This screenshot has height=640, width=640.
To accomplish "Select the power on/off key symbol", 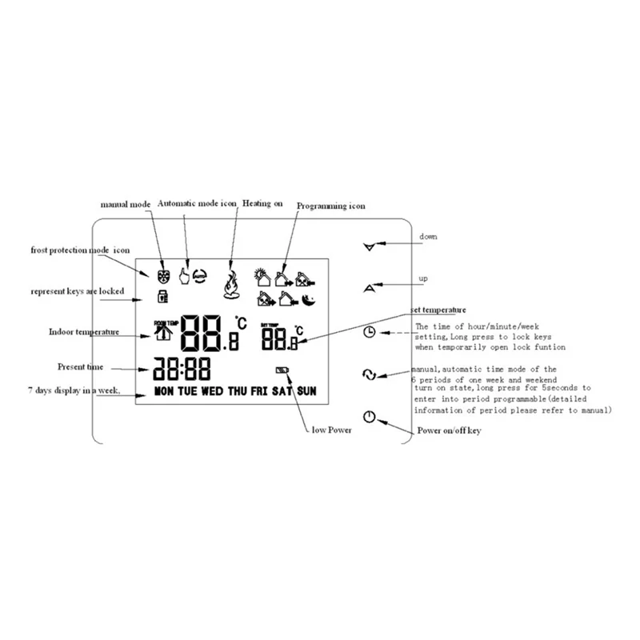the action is [368, 416].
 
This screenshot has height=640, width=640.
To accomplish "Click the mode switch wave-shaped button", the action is [369, 374].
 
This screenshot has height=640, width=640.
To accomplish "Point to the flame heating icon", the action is [231, 282].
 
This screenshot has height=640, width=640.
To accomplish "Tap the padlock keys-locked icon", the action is [162, 298].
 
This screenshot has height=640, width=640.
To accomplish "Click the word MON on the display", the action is [164, 391].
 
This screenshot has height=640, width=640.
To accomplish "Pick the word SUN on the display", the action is [306, 391].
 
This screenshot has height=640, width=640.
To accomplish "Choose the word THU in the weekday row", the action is [237, 391].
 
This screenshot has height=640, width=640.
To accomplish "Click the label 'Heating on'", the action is [263, 204].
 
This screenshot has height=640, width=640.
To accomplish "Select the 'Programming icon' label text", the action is [330, 206].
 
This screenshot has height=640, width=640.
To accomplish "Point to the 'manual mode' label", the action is [126, 205].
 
